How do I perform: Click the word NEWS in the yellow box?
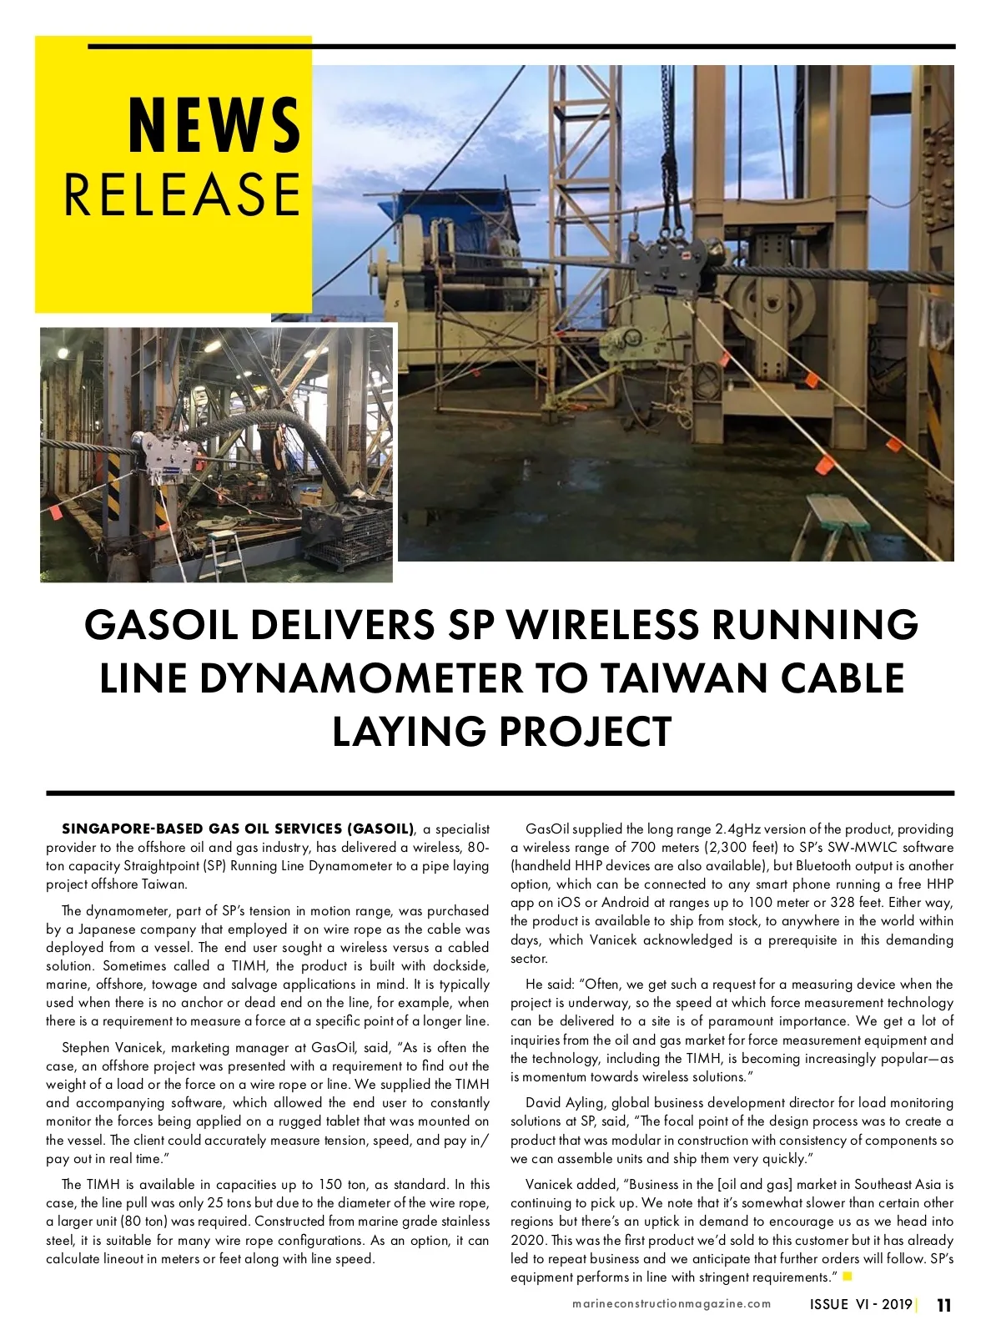(214, 125)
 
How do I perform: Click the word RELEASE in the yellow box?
(181, 194)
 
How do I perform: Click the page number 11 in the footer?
(943, 1305)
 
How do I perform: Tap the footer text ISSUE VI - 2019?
(860, 1305)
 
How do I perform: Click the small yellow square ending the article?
(848, 1277)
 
